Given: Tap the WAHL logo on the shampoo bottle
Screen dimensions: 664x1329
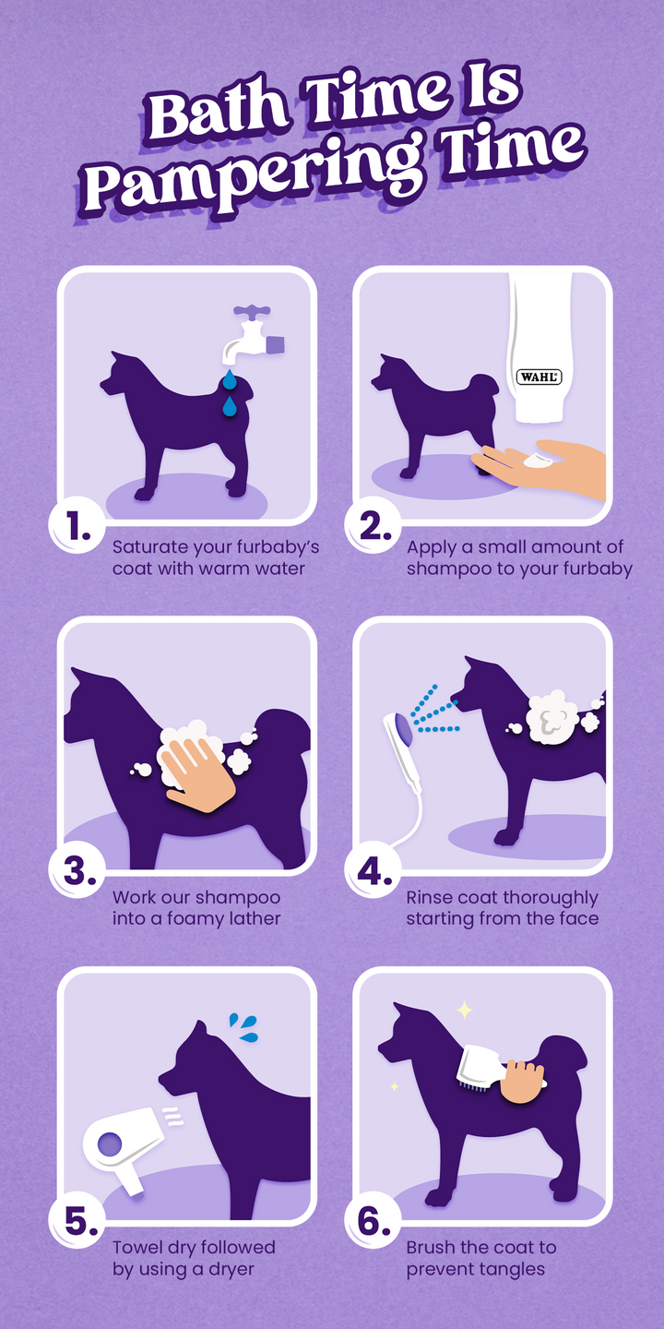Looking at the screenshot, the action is point(539,377).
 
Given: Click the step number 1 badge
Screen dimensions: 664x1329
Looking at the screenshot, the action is point(77,526).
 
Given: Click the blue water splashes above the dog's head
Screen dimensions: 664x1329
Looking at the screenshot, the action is point(244,1028).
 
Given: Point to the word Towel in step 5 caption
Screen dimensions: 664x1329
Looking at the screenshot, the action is point(136,1247).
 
